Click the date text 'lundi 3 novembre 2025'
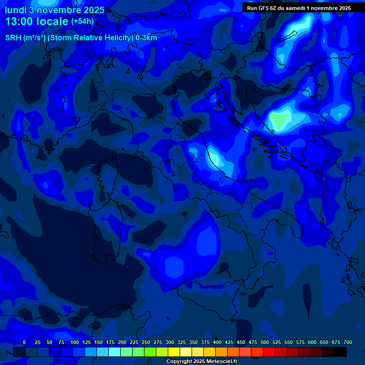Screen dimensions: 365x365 tap(55, 10)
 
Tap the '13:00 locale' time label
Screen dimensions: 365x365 tap(37, 21)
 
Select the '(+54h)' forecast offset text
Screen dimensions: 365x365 tap(82, 21)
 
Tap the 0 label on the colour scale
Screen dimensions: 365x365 tap(24, 342)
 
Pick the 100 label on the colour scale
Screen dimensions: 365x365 tap(75, 342)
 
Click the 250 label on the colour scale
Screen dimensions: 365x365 tap(146, 342)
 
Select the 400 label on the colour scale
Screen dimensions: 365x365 tap(217, 342)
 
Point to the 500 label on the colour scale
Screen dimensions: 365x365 tap(265, 342)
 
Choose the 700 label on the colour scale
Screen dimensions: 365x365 tap(348, 342)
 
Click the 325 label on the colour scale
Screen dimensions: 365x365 tap(182, 342)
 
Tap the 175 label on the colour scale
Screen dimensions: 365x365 tap(110, 342)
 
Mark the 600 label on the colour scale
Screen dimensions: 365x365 tap(312, 342)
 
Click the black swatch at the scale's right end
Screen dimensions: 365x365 tap(340, 352)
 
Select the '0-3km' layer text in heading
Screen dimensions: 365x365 tap(146, 38)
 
